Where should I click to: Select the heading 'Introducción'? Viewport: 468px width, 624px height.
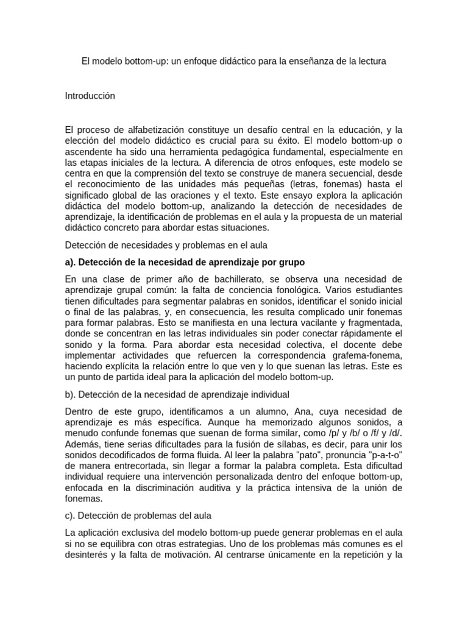pos(90,96)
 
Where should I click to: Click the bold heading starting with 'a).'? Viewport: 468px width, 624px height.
pos(185,262)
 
